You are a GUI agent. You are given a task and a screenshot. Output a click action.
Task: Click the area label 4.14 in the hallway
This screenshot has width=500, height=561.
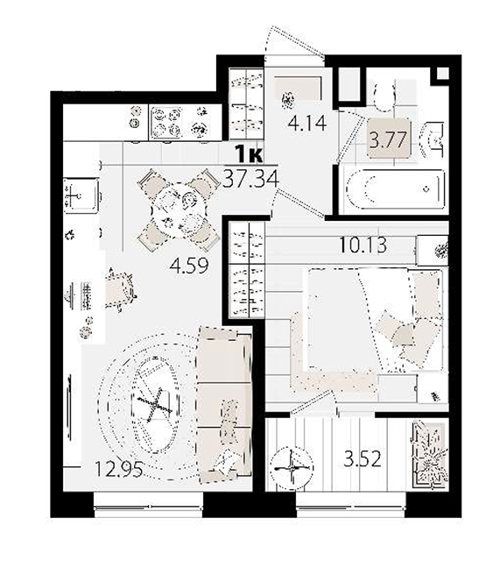307,123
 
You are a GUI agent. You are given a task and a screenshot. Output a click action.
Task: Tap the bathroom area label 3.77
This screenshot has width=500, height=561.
388,139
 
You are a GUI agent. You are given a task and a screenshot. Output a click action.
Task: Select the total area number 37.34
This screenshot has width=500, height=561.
250,179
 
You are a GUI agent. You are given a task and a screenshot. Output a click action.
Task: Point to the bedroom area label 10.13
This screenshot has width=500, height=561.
363,245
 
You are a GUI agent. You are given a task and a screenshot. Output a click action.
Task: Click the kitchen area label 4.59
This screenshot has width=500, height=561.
189,266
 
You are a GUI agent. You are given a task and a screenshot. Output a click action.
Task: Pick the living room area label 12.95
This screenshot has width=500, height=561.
119,469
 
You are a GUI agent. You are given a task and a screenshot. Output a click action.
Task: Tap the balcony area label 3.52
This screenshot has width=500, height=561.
363,459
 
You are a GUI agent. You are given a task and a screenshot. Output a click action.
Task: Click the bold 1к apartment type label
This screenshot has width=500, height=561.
249,155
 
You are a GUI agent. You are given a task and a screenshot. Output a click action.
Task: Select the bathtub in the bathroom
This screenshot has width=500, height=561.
393,188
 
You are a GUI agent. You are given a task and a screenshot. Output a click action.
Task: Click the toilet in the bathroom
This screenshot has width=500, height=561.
384,94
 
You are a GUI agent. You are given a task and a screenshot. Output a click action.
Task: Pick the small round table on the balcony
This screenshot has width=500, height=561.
292,467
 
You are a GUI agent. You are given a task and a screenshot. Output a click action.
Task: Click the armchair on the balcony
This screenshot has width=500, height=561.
430,455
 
